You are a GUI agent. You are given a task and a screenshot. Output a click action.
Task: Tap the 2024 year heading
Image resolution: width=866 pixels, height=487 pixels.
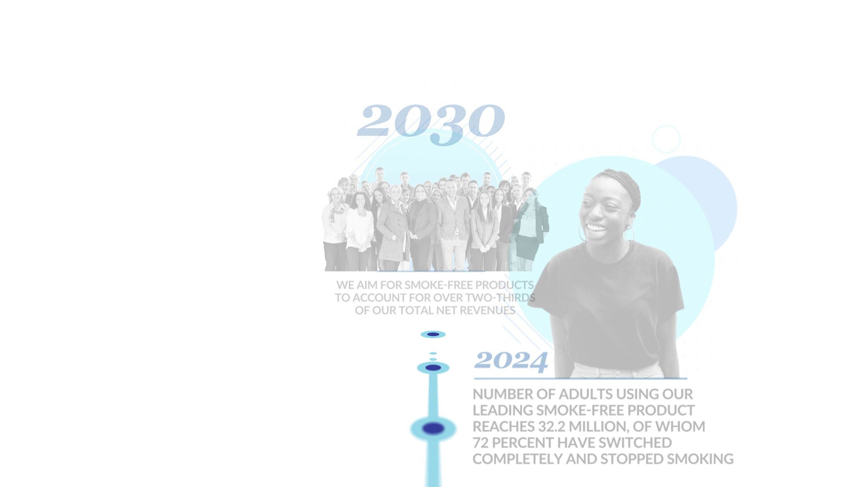(x=511, y=361)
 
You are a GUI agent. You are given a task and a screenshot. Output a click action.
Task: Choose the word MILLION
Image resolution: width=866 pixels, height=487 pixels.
(x=599, y=427)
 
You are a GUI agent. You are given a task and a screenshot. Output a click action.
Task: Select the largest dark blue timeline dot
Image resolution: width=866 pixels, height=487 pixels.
(x=433, y=428)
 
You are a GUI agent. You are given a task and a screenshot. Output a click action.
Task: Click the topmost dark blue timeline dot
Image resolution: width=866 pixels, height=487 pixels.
(x=433, y=335)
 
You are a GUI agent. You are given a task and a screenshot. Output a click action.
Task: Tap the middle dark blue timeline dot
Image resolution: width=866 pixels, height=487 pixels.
(x=433, y=368)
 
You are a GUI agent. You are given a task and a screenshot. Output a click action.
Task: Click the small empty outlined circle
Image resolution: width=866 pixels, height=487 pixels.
(x=666, y=139)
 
